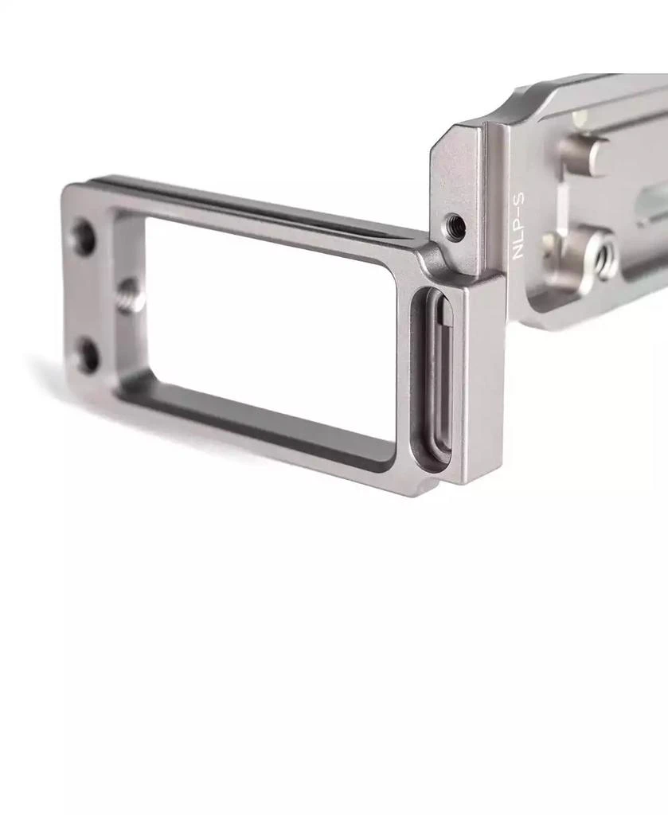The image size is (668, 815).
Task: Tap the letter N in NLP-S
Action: [519, 252]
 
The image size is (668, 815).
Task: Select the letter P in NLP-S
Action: [519, 228]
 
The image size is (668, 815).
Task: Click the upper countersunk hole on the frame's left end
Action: [83, 236]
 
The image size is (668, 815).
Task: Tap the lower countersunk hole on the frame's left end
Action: [85, 355]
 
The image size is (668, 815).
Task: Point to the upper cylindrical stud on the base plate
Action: [585, 154]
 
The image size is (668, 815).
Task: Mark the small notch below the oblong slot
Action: [434, 481]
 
